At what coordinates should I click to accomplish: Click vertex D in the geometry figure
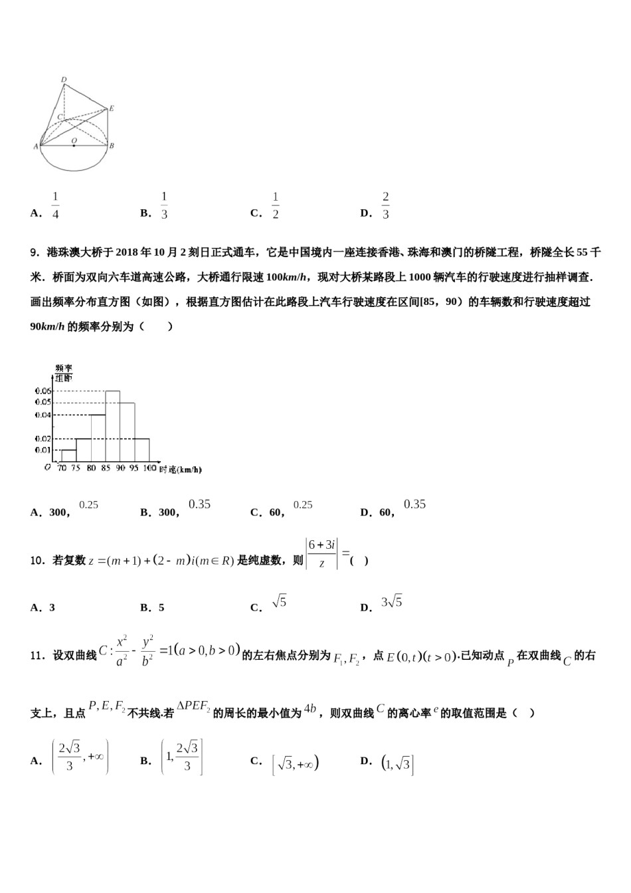[64, 80]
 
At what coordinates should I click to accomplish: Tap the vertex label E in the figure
[112, 108]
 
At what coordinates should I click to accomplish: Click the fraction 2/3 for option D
[385, 206]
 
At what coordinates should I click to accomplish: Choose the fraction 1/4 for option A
[55, 206]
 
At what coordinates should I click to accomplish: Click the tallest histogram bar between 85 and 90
[112, 425]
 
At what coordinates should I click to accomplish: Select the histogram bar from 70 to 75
[68, 455]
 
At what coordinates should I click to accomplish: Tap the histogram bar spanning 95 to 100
[141, 449]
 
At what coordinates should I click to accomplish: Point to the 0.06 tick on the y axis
[43, 391]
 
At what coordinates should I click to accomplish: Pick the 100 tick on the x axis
[149, 468]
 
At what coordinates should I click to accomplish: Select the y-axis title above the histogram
[64, 373]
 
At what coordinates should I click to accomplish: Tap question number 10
[37, 561]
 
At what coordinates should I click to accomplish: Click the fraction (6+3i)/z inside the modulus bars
[321, 553]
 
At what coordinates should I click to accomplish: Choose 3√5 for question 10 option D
[392, 603]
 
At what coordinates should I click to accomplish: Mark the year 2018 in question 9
[127, 252]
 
